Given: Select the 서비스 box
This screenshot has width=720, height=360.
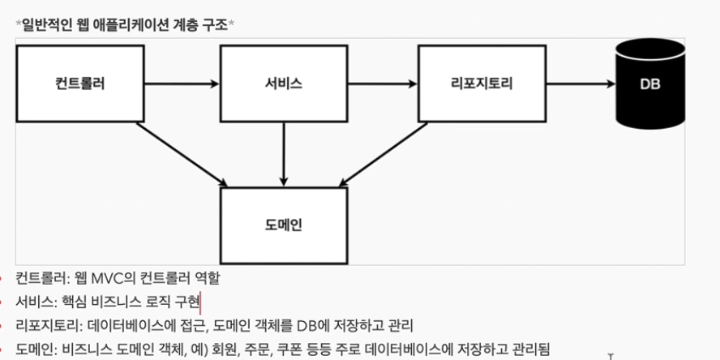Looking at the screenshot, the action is click(x=284, y=83).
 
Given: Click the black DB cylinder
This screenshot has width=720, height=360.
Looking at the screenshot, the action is click(x=649, y=83).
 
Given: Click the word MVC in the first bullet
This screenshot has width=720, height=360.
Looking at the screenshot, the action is click(x=99, y=279).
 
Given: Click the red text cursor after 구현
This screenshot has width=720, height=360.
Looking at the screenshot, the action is click(x=200, y=302).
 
